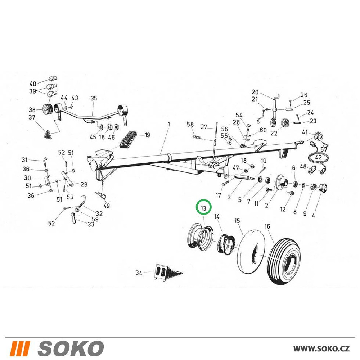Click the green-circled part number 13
pos(203,208)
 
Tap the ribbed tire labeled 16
pos(284,261)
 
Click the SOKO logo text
pos(71,348)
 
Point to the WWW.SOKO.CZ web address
pos(321,348)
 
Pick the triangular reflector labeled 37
pos(47,134)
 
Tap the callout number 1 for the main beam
pos(169,125)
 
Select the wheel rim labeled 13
pos(200,237)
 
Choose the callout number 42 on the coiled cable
pos(319,158)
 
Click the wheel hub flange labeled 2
pos(282,182)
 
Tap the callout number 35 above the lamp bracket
pos(94,98)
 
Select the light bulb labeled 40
pos(53,79)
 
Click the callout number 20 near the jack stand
pos(255,92)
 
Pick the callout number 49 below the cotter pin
pos(107,206)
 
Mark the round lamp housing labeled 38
pos(48,110)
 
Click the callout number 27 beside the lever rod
pos(204,127)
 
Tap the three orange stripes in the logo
pos(21,348)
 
